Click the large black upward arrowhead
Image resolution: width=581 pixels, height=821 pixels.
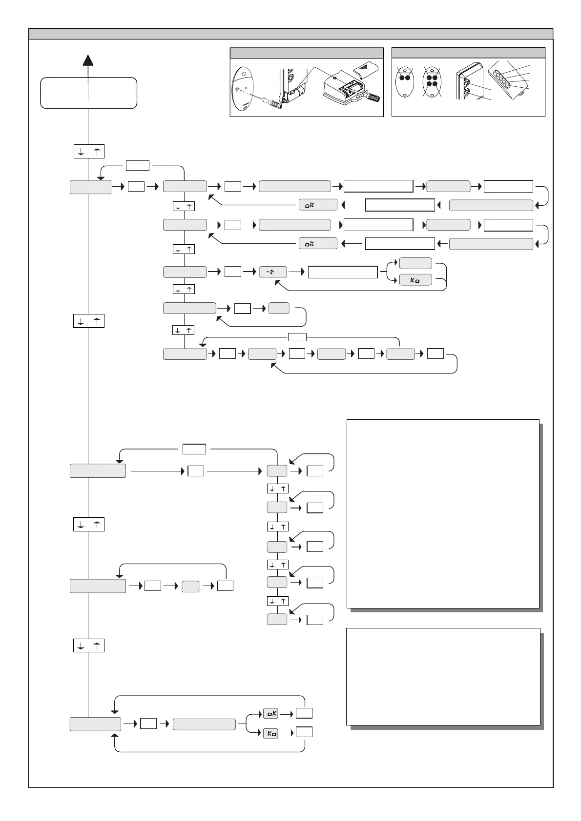pos(88,60)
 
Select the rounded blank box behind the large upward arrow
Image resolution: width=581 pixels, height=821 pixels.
pos(88,93)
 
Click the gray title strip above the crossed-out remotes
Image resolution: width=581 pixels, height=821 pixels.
pos(468,53)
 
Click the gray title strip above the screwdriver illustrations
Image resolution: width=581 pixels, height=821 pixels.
pos(306,53)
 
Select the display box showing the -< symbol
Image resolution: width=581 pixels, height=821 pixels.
pos(272,272)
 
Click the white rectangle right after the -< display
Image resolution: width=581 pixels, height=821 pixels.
pos(343,272)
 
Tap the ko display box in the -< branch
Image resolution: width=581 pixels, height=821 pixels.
pos(415,280)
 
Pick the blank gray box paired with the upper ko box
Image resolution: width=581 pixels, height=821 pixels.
pos(415,263)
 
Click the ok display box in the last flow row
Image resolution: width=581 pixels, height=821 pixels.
pos(270,713)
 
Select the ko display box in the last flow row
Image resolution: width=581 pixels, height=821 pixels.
pos(270,732)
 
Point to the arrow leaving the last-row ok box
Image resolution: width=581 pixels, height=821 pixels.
pos(287,714)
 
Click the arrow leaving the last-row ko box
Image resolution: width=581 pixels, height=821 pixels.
pos(287,732)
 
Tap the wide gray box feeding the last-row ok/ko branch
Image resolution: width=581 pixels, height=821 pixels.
pos(204,724)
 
